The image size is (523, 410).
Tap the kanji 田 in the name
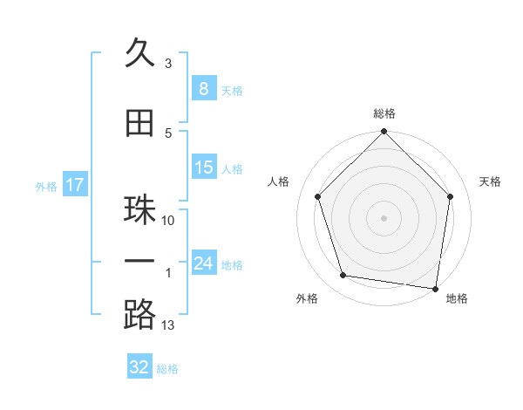140,123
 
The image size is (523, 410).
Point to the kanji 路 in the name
140,315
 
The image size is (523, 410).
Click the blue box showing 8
203,88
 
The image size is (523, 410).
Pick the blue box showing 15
203,167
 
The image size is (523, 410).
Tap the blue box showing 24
203,263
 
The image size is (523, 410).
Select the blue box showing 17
74,185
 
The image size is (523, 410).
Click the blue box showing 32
139,367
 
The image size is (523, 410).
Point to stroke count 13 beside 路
168,325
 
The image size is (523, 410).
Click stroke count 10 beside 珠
168,221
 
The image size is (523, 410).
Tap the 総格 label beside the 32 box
167,369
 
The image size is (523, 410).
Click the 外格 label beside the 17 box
46,186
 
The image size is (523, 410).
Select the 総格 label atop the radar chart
384,113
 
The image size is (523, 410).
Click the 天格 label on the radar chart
490,181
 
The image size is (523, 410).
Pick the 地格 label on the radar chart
457,299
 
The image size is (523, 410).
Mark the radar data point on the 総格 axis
384,133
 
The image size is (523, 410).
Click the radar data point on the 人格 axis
317,196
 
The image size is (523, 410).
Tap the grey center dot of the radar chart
384,217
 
